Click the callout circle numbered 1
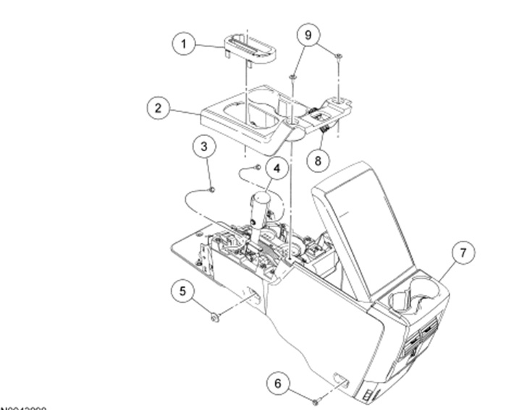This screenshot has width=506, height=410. (x=184, y=44)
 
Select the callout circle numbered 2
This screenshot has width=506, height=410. (x=155, y=110)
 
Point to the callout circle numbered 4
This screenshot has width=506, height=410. (x=276, y=168)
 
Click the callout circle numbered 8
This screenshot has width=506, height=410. (x=315, y=161)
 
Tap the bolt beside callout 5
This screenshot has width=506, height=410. (x=216, y=316)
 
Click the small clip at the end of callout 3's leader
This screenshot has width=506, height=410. (x=212, y=189)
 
